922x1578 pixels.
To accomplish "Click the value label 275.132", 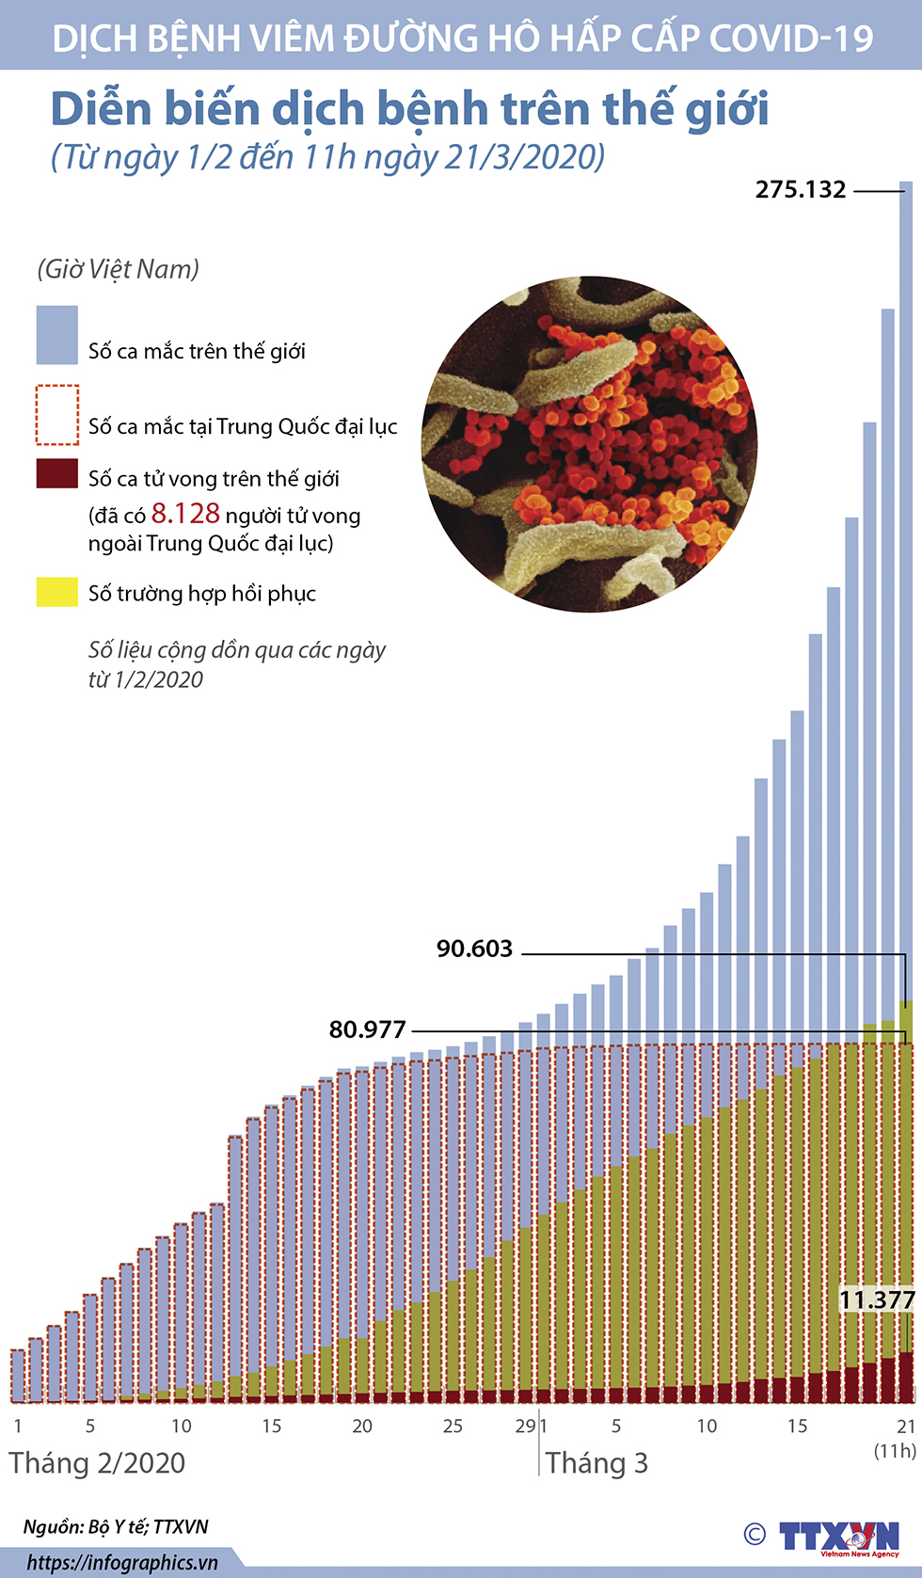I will click(x=801, y=190).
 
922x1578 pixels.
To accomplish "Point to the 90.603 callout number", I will click(x=474, y=948).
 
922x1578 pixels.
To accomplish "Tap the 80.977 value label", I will click(x=367, y=1029).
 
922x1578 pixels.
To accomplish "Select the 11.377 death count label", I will click(x=877, y=1300).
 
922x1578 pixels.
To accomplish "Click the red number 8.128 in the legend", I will click(x=185, y=514).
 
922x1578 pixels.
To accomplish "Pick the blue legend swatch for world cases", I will click(x=56, y=335).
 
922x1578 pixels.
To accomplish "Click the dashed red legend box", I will click(x=56, y=414).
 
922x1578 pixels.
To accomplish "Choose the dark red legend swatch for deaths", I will click(x=56, y=473).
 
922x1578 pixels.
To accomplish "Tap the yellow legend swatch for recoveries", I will click(x=56, y=592).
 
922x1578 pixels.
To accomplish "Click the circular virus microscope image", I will click(x=589, y=444).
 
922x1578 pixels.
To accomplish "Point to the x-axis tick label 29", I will click(x=524, y=1426).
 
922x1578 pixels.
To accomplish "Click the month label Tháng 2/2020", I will click(x=97, y=1463).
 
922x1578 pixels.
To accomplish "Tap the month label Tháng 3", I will click(x=596, y=1463).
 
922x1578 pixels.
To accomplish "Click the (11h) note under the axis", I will click(x=895, y=1450).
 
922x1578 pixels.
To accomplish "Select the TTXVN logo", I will click(x=837, y=1537).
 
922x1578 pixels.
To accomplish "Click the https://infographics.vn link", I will click(x=122, y=1563).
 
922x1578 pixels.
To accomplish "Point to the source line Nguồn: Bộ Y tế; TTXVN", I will click(x=116, y=1526).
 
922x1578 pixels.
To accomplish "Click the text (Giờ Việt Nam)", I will click(x=119, y=269).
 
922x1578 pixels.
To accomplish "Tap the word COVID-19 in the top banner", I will click(x=791, y=38).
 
